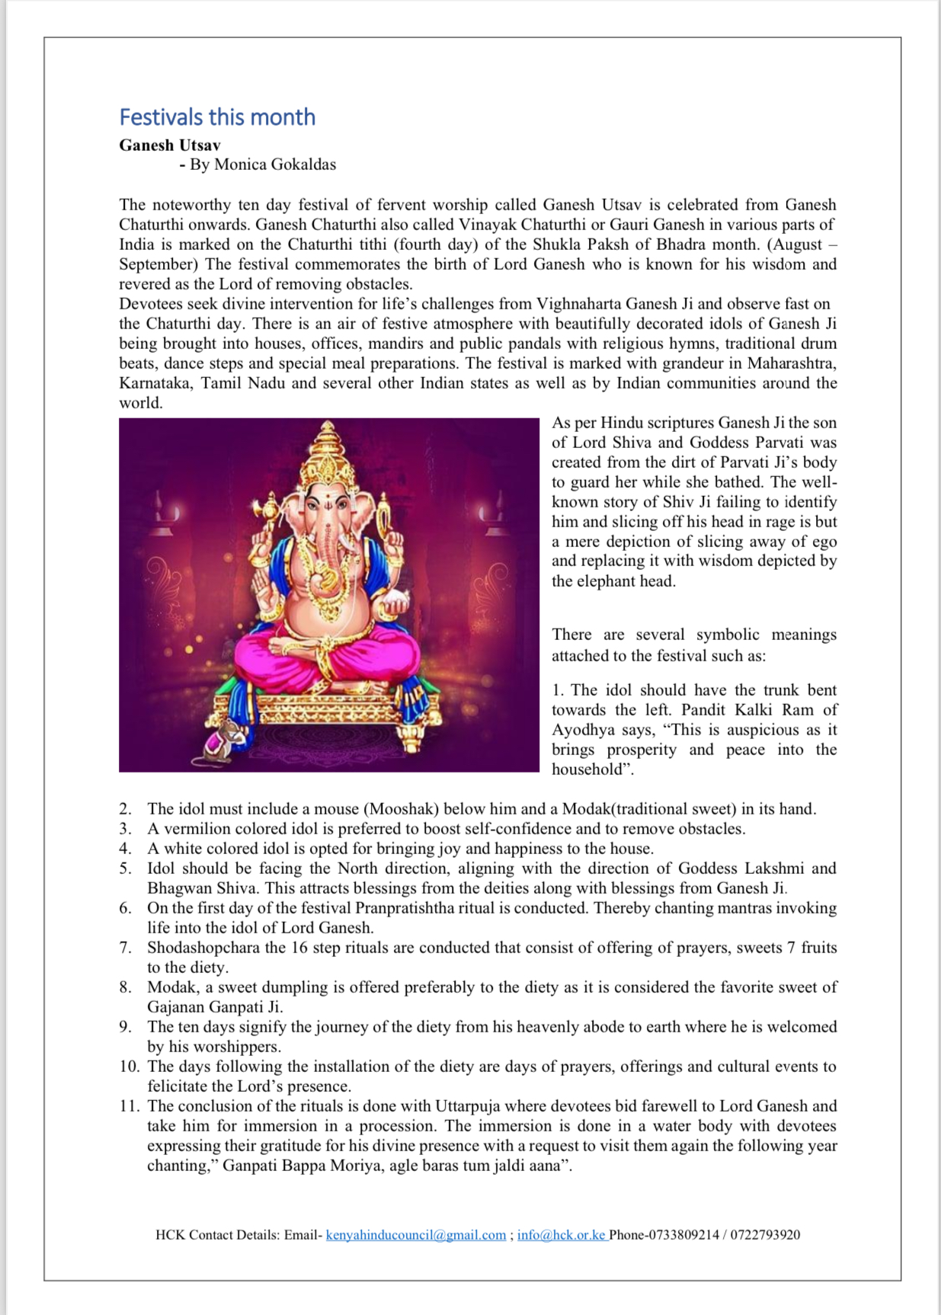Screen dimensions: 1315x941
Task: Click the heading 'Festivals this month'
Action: tap(217, 117)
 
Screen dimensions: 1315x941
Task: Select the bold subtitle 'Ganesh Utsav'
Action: tap(169, 145)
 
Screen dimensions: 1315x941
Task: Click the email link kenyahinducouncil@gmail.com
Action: tap(415, 1235)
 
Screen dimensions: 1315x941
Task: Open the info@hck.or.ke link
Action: tap(561, 1235)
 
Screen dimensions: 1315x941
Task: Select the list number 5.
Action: tap(125, 869)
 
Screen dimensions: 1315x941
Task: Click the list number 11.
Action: tap(129, 1106)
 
